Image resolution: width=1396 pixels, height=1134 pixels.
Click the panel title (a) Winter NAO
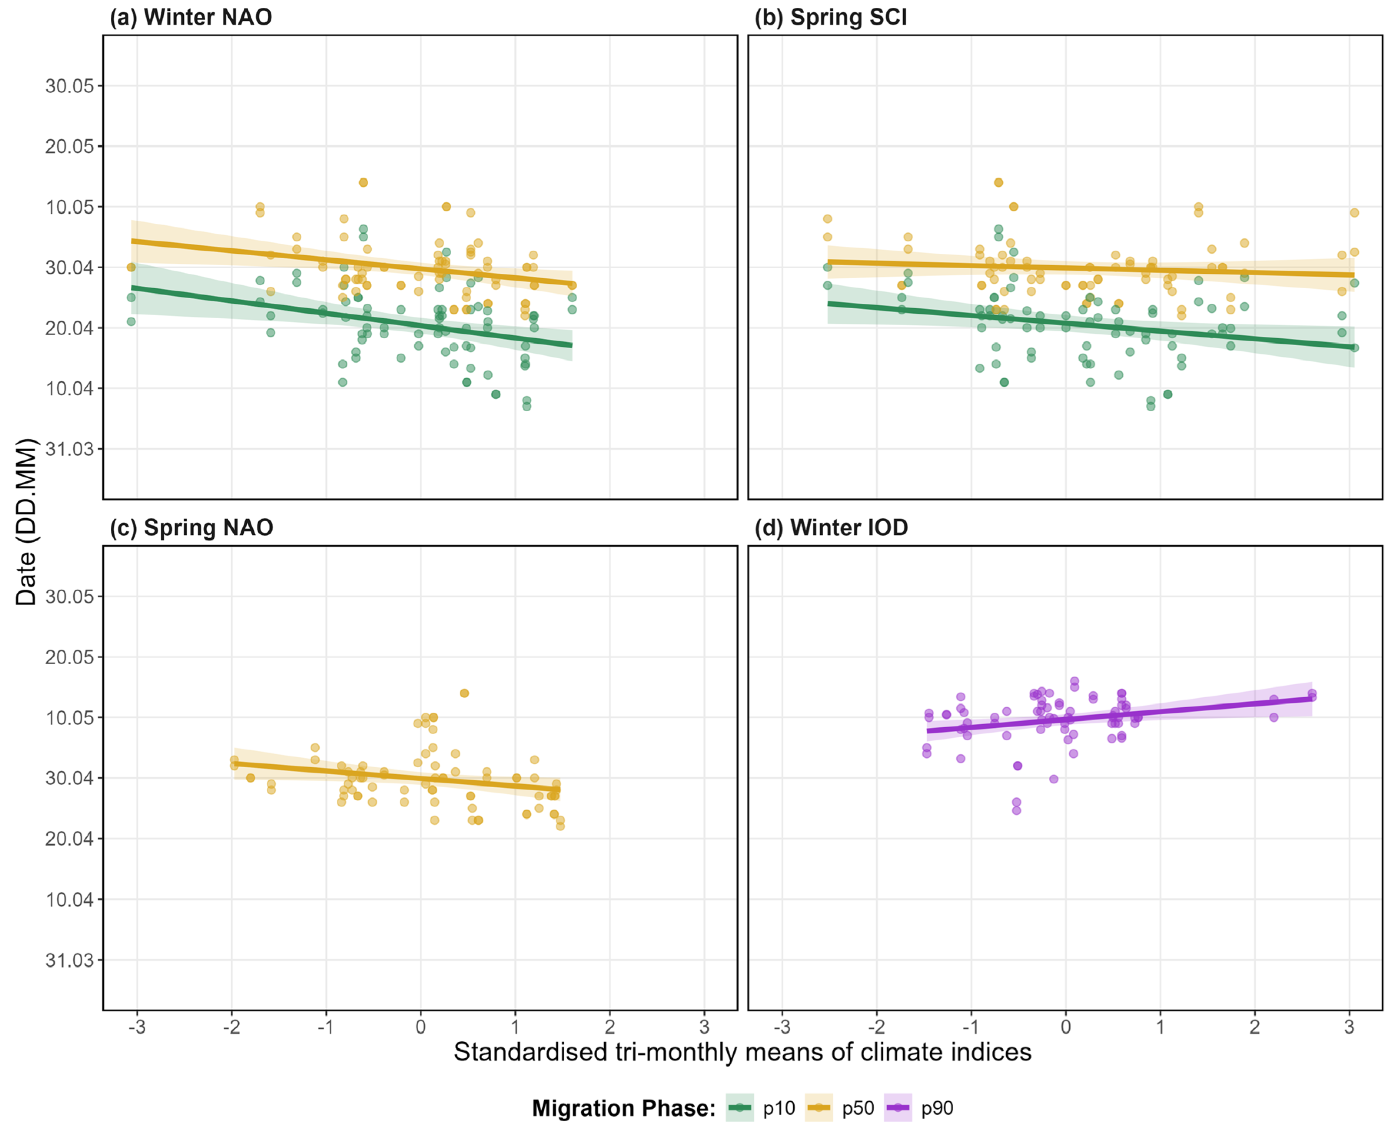191,17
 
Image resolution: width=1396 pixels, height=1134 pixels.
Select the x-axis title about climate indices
743,1052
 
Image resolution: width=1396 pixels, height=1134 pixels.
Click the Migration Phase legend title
624,1109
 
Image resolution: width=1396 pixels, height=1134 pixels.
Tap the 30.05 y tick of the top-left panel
69,86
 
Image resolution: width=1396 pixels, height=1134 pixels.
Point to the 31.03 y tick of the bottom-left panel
69,960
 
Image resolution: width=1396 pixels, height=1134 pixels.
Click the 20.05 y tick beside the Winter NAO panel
69,146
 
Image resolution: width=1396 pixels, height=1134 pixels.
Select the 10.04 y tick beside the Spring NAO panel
69,900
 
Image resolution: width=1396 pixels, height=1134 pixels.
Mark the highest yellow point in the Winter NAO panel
363,182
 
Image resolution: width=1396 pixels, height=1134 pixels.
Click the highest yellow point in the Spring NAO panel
464,693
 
